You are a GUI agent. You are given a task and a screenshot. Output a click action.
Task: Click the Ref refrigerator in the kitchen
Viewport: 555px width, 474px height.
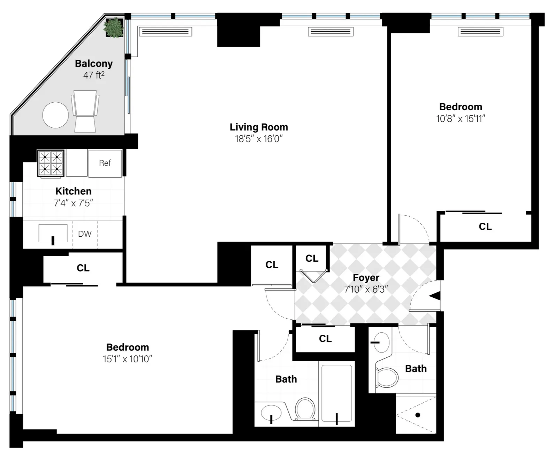(x=105, y=163)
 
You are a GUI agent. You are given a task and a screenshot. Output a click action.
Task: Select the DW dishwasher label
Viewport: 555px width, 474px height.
(x=85, y=234)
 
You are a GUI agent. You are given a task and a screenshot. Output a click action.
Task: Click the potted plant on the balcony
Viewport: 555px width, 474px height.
(x=113, y=27)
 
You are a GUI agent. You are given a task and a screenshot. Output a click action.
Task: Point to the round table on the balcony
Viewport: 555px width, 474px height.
(x=55, y=115)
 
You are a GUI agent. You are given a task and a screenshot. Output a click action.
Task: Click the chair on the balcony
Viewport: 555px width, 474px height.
(x=85, y=111)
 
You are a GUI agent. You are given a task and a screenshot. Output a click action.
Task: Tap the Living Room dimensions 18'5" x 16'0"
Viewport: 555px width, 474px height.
(x=259, y=139)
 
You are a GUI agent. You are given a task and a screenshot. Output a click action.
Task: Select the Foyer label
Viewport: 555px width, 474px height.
(x=366, y=277)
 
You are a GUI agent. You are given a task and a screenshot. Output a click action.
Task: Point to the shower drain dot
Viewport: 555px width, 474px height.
(x=418, y=415)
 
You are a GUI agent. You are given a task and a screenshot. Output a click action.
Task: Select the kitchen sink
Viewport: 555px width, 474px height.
(x=53, y=234)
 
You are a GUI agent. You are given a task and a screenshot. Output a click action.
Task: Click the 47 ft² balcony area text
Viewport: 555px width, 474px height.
(x=94, y=75)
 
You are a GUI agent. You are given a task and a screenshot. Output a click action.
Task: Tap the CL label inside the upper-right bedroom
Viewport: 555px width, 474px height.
(x=485, y=227)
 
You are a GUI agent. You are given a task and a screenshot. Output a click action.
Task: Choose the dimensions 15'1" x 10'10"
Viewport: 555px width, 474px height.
(x=127, y=359)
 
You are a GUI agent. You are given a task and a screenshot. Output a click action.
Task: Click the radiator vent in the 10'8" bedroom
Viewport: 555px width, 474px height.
(x=480, y=32)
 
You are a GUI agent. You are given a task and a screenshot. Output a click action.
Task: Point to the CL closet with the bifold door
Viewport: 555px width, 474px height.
(x=312, y=259)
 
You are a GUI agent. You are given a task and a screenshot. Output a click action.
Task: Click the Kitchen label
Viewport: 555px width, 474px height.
(x=74, y=191)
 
